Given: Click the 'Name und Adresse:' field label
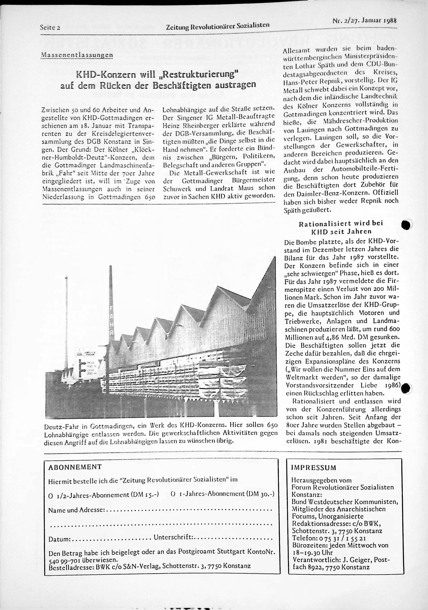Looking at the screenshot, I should pos(77,510).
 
